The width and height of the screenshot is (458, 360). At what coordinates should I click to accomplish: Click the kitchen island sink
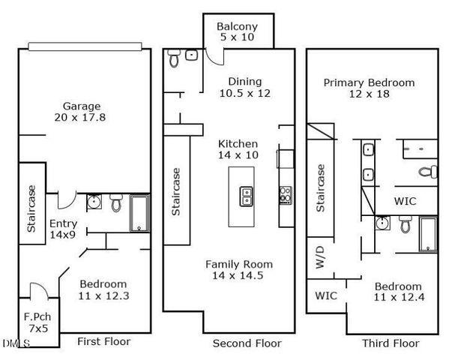tap(245, 196)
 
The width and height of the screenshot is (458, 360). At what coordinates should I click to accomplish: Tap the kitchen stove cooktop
tap(285, 195)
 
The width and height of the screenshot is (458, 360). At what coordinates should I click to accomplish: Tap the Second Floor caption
tap(247, 343)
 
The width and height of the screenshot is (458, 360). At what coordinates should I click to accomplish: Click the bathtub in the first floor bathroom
tap(140, 211)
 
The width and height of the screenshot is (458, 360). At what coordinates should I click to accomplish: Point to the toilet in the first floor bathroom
tap(116, 202)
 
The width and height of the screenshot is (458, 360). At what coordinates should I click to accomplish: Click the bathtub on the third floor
tap(428, 233)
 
